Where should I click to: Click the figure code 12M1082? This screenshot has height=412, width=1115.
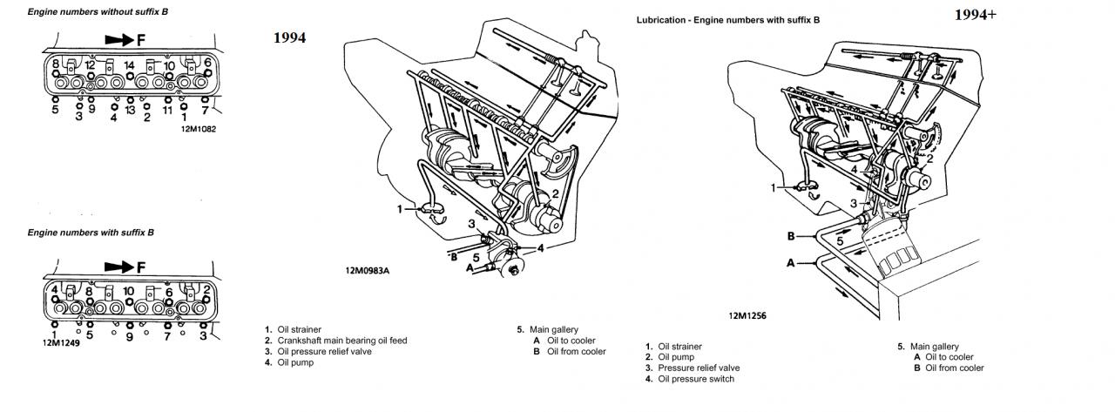coord(198,129)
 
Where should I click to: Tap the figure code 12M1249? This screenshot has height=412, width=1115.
coord(60,342)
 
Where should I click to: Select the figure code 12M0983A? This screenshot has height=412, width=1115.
coord(367,270)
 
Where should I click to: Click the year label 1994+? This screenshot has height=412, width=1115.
coord(975,15)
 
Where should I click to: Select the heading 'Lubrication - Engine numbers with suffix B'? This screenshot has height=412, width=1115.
coord(727,19)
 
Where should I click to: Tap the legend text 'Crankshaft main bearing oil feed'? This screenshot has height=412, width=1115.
coord(342,341)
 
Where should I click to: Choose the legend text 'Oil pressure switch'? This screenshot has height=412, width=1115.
coord(696,379)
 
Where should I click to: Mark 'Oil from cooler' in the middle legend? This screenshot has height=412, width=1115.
coord(576,352)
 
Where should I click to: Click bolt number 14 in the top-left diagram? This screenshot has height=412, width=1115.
coord(129,65)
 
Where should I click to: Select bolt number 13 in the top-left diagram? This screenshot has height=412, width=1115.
coord(132,111)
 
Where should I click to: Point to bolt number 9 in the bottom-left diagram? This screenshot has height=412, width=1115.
coord(129,335)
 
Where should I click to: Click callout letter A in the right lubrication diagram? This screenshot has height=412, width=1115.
coord(790,261)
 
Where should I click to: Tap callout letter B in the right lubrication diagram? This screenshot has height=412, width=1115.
coord(790,235)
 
